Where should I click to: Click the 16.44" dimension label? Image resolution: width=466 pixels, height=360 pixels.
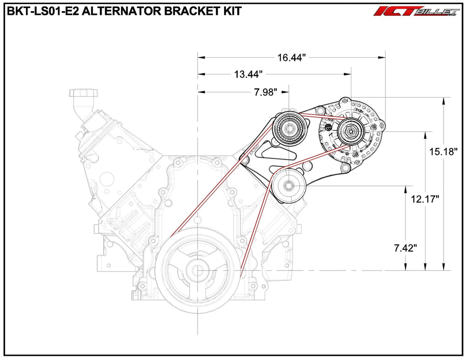pos(291,58)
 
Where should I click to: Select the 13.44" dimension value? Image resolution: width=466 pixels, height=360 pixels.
pos(249,74)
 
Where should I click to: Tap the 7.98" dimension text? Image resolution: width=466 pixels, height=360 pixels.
pos(266,92)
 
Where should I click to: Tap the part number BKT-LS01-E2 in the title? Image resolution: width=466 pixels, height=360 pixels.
pos(39,11)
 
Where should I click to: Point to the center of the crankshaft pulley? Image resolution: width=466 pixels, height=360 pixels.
pos(198,270)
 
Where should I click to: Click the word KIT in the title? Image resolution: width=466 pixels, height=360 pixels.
pos(231,11)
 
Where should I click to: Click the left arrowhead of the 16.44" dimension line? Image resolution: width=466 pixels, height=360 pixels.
pos(201,58)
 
